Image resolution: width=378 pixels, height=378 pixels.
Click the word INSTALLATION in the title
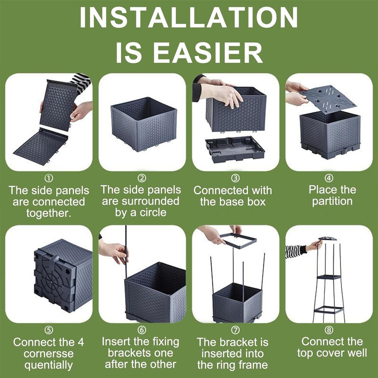[189, 17]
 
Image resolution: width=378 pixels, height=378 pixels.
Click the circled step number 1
[49, 178]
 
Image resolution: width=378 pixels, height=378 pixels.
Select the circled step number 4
[329, 178]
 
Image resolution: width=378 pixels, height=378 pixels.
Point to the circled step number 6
[142, 330]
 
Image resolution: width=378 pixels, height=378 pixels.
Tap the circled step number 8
[329, 330]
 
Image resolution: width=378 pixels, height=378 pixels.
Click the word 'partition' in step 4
[332, 202]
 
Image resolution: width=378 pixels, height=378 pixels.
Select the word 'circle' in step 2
[153, 212]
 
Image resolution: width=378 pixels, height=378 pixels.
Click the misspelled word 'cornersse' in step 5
[49, 354]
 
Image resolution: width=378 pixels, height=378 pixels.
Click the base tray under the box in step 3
[235, 149]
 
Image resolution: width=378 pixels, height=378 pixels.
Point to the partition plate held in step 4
[328, 99]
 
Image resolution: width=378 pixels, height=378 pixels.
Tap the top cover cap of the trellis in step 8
[328, 239]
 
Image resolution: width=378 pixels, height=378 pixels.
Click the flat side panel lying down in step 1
[41, 146]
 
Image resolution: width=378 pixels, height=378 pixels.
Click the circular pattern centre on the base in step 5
[52, 281]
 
